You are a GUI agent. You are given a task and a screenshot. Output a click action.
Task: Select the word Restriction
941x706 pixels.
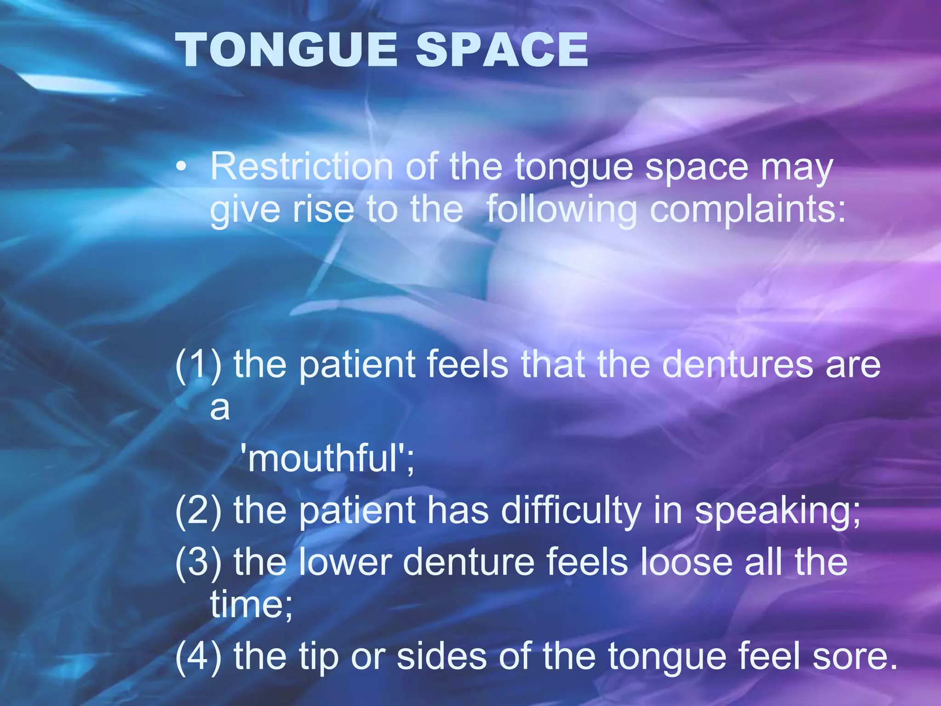click(301, 166)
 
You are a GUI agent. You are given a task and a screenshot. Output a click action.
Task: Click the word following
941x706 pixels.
click(561, 211)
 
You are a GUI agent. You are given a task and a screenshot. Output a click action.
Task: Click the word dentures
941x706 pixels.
click(737, 364)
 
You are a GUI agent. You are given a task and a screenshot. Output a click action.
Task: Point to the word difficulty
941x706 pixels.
click(571, 510)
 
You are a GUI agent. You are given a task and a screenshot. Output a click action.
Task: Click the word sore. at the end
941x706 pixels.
click(855, 656)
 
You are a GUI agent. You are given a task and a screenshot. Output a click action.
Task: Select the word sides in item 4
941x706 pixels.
click(442, 656)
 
